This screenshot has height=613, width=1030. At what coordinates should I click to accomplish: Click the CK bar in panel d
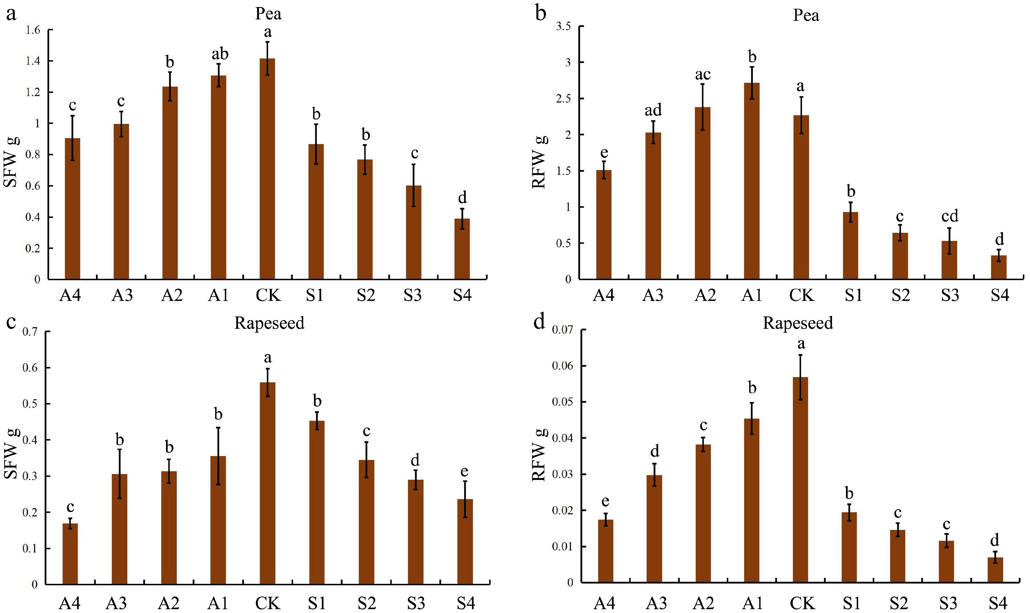click(x=800, y=479)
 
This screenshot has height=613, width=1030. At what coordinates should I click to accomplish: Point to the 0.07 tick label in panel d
click(x=563, y=330)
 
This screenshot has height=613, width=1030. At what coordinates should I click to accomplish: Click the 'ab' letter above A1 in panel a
click(x=220, y=54)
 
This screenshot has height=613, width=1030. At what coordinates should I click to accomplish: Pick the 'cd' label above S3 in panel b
click(x=949, y=216)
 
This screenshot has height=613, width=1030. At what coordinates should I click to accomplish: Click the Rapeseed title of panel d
click(x=797, y=322)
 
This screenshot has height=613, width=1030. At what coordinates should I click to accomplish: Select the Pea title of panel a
click(x=268, y=14)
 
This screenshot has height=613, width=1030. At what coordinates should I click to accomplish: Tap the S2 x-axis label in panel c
click(x=366, y=603)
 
